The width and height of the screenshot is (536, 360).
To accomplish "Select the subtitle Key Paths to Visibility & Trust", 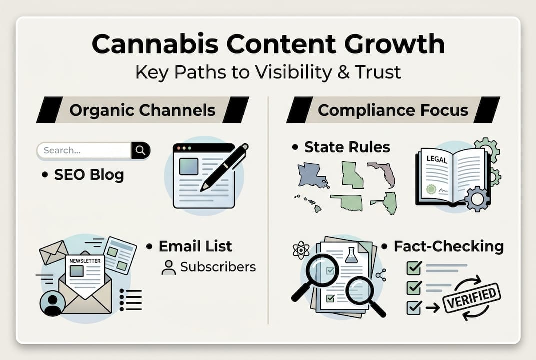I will tap(268, 72).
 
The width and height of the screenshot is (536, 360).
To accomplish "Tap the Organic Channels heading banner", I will tap(142, 110).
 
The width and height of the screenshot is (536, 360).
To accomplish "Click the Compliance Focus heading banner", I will tap(393, 110).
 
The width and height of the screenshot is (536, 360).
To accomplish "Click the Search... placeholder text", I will tap(62, 150).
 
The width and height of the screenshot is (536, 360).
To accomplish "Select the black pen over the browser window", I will tap(225, 167).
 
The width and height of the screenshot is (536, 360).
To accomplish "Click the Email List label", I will tap(195, 246).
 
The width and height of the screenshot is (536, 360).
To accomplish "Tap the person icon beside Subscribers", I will tap(169, 267).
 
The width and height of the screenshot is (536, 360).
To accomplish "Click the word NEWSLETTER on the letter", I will tap(84, 261).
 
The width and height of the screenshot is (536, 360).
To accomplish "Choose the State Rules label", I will tap(347, 147).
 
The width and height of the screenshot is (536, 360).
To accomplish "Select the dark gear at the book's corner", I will tap(477, 199).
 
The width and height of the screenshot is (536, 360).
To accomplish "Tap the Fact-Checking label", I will tap(448, 246).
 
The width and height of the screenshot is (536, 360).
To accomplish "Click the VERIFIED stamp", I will tap(472, 297).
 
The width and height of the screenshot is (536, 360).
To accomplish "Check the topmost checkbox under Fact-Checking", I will tap(414, 269).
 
